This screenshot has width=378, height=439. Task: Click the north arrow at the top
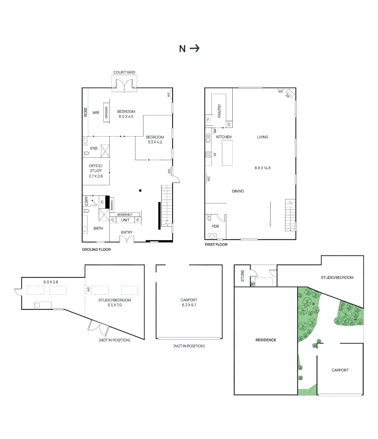(195, 49)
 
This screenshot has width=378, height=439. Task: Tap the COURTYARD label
(124, 72)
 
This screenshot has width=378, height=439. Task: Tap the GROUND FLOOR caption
(96, 250)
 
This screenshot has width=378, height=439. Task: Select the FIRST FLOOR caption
(216, 245)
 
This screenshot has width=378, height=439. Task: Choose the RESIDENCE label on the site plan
(266, 340)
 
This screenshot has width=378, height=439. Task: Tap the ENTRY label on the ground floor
(127, 233)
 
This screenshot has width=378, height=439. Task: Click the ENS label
(94, 148)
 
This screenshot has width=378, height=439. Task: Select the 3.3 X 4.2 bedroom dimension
(155, 142)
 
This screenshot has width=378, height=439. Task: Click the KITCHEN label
(224, 137)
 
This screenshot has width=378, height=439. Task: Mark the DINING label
(238, 191)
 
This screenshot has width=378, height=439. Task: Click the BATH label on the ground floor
(98, 228)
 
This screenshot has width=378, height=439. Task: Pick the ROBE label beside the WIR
(86, 112)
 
